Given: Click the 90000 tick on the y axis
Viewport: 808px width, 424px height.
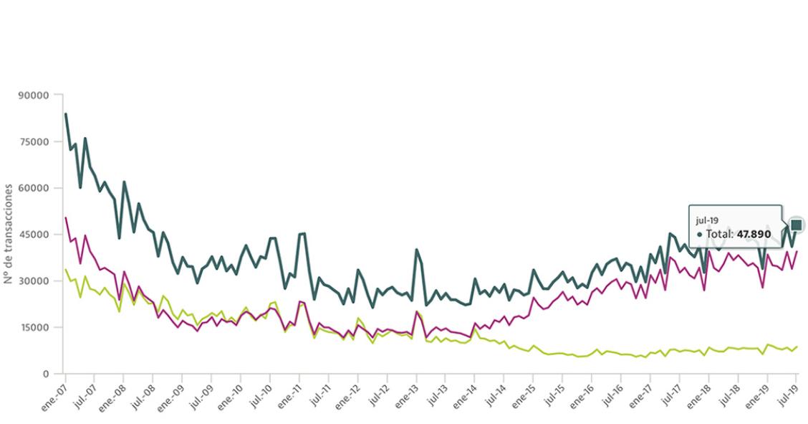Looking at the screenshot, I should (x=35, y=95).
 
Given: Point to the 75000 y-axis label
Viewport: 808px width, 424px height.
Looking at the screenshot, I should (x=35, y=141).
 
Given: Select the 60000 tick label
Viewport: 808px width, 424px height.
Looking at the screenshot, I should (x=35, y=188).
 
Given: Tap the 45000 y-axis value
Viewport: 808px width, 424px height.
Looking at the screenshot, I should (x=35, y=235).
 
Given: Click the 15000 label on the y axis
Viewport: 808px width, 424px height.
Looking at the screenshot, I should (x=35, y=327).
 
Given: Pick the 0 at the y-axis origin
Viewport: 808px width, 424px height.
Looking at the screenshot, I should (x=45, y=374).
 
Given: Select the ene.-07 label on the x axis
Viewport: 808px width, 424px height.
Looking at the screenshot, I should (x=54, y=392).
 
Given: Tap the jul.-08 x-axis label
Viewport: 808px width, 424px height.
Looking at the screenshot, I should (x=142, y=392).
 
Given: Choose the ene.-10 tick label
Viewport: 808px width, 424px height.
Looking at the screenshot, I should (x=229, y=392).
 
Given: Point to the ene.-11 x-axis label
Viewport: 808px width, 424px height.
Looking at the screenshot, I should (x=288, y=392).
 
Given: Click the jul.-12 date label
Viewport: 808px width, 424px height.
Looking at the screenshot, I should (x=376, y=392).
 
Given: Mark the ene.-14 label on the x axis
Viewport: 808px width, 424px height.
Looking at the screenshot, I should (x=463, y=392).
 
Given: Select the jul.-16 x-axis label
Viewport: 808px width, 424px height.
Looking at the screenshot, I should (x=610, y=392).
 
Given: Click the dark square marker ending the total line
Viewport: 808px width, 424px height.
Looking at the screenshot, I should (x=797, y=225).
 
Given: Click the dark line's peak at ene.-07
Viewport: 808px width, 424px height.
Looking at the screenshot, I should (x=65, y=114).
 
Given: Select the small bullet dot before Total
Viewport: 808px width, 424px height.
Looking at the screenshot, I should (x=699, y=234).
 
